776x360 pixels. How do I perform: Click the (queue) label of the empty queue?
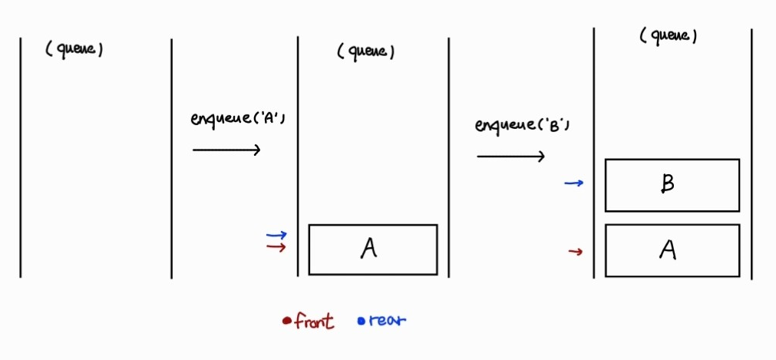(x=74, y=49)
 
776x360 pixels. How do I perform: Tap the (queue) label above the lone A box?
(x=366, y=51)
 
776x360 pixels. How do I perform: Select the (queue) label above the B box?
(x=669, y=36)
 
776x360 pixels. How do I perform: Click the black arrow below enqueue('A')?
(x=226, y=150)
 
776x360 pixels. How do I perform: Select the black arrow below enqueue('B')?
(x=510, y=157)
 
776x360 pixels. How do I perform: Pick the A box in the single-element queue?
(x=372, y=249)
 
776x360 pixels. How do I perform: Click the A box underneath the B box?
(x=672, y=250)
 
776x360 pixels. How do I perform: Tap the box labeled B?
(x=672, y=185)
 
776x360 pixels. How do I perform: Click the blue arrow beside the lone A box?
(x=276, y=235)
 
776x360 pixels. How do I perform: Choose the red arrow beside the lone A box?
(x=276, y=246)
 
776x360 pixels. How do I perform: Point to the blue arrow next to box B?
(x=573, y=183)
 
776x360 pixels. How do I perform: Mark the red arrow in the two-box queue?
(x=575, y=251)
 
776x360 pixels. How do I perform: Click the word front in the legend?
(x=314, y=322)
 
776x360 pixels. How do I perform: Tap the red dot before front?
(x=286, y=322)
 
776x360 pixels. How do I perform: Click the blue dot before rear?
(x=362, y=322)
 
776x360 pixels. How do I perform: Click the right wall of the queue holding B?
(x=751, y=154)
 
